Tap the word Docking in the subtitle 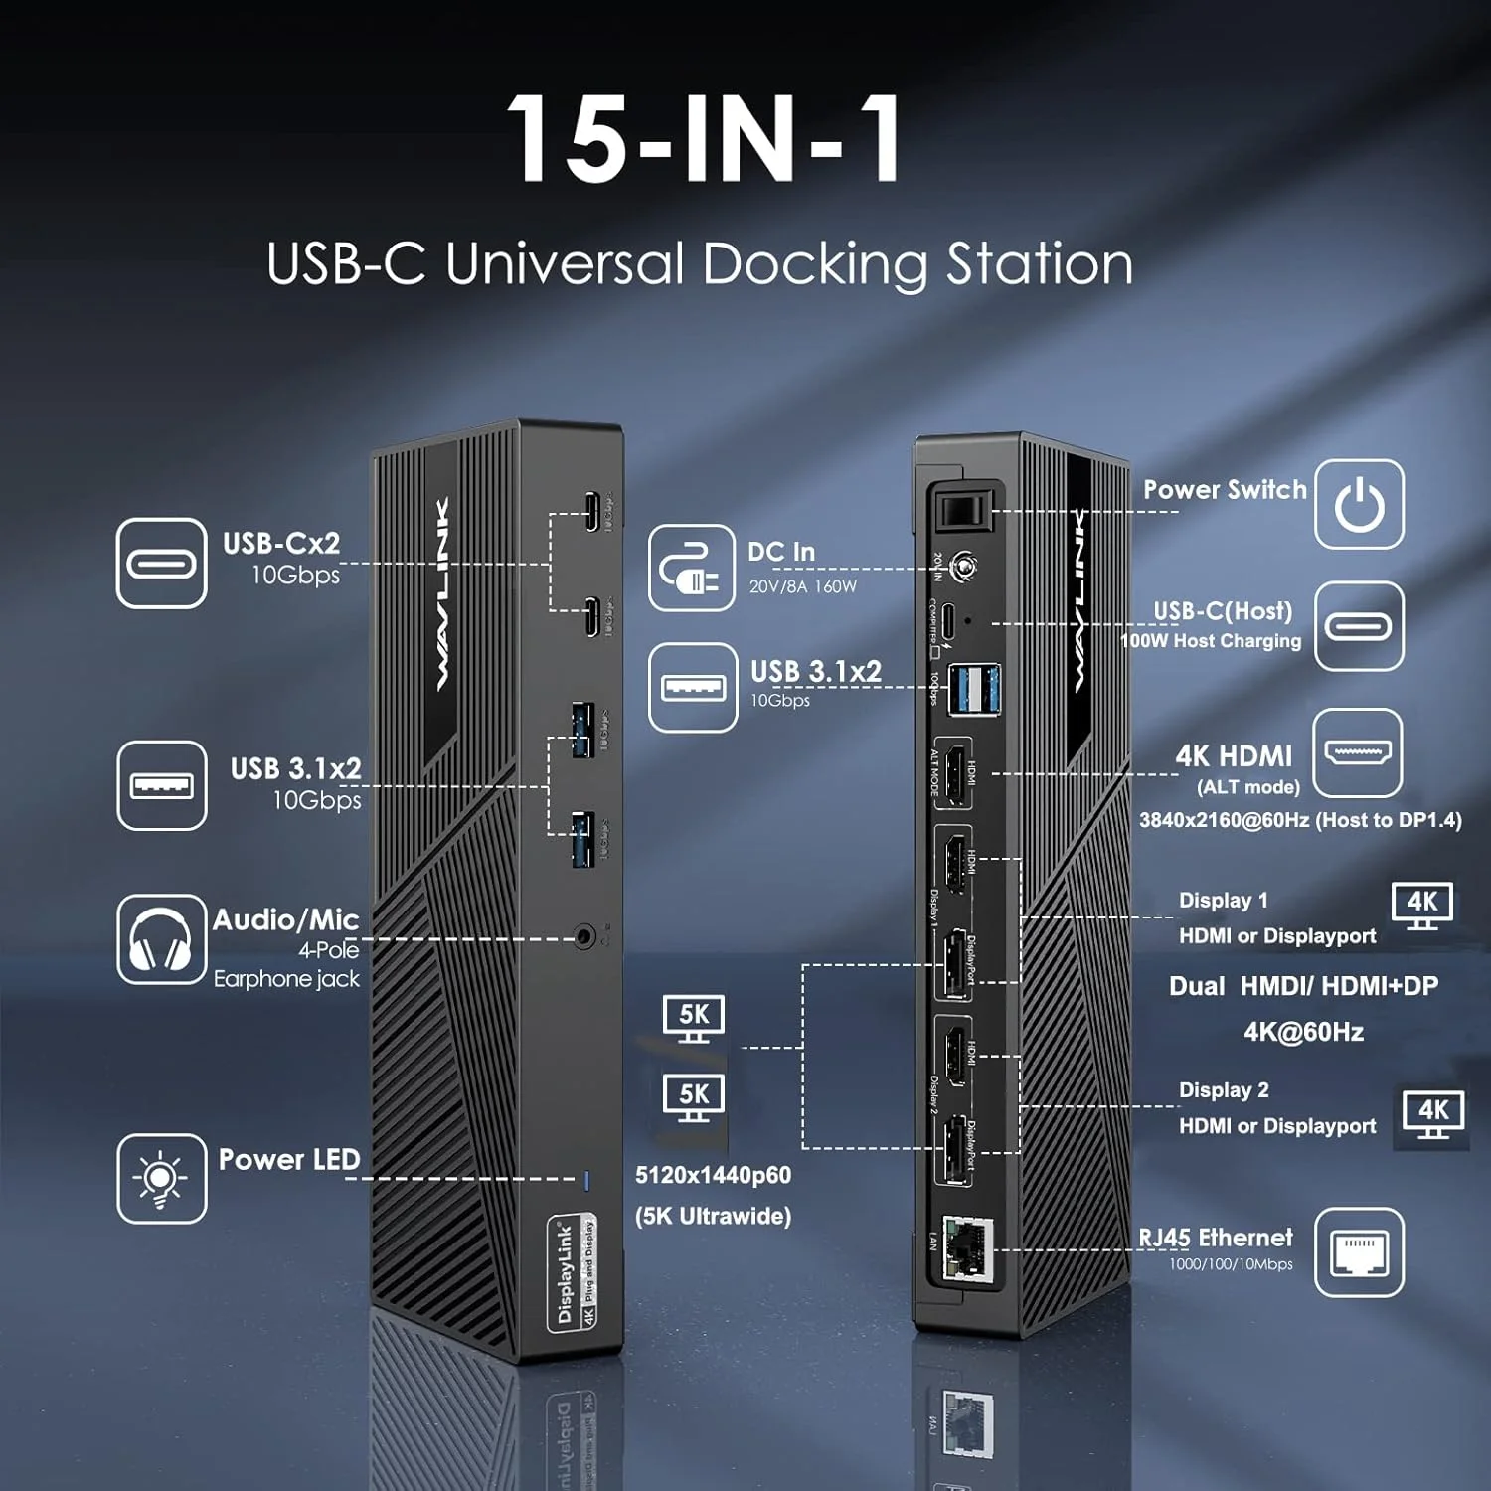point(814,264)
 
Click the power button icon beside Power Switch point(1359,504)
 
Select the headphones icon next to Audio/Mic point(161,939)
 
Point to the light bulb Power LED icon point(161,1179)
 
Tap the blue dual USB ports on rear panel point(973,689)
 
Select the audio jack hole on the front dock point(585,936)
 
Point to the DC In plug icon point(692,568)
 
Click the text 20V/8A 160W point(802,586)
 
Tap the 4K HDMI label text point(1234,756)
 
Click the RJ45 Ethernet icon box point(1359,1252)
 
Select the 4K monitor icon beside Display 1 point(1421,905)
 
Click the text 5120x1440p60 point(713,1175)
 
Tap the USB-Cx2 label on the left point(281,544)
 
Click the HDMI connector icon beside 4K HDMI point(1359,752)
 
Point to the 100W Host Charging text point(1211,641)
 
